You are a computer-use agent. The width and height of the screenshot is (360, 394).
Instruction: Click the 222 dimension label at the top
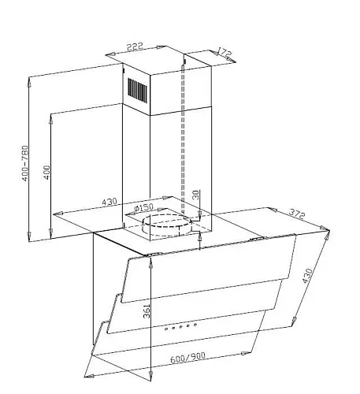(x=135, y=46)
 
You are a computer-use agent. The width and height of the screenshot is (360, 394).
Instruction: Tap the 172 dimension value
(x=225, y=52)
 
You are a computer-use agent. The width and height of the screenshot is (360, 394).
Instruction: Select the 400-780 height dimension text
(x=24, y=163)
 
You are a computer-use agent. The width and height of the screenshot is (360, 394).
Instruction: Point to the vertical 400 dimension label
(x=46, y=173)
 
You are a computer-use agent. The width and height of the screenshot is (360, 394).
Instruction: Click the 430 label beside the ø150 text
(x=109, y=202)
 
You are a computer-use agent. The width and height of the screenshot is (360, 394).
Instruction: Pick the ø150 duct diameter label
(x=143, y=208)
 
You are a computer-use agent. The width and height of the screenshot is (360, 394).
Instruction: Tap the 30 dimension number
(x=196, y=195)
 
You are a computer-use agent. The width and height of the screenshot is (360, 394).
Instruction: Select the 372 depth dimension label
(x=297, y=214)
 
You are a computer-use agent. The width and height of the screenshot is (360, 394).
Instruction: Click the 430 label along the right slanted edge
(x=307, y=276)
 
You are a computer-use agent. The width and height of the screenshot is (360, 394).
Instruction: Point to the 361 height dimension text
(x=147, y=311)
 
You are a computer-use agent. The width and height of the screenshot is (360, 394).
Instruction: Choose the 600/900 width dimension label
(x=187, y=358)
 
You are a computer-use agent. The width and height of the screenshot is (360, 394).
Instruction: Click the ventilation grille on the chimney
(x=138, y=90)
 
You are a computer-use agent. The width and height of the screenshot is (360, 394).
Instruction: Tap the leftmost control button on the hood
(x=166, y=329)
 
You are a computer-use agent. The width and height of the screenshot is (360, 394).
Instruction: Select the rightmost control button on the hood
(x=195, y=325)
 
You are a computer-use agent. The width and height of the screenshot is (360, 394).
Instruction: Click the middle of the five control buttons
(x=181, y=326)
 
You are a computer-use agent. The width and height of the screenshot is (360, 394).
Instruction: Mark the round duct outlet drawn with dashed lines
(x=166, y=225)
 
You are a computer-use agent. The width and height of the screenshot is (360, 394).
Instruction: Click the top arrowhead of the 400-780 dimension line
(x=29, y=82)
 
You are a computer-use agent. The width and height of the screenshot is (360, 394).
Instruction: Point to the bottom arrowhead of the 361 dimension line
(x=150, y=375)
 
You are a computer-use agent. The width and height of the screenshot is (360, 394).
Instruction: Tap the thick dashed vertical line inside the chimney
(x=183, y=136)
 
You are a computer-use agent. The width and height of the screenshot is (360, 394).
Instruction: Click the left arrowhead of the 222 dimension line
(x=110, y=54)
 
